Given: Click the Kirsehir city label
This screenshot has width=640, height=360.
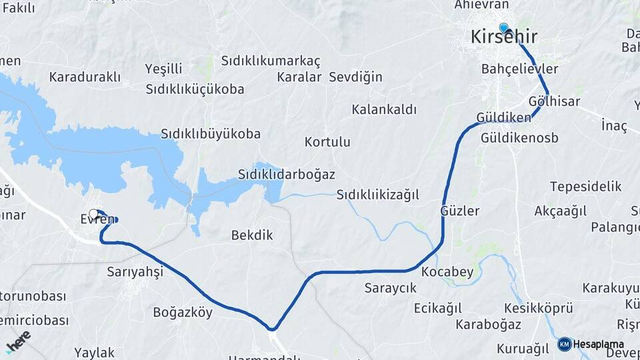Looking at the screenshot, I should [504, 38].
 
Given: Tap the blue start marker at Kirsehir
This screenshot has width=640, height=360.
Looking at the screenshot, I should [503, 28].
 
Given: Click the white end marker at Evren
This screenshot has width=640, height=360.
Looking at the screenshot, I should [93, 214].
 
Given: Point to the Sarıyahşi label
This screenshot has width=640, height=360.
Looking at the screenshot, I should [135, 271].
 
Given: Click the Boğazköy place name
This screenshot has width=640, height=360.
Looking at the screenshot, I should [183, 312].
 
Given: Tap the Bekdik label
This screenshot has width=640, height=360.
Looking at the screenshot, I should [252, 235].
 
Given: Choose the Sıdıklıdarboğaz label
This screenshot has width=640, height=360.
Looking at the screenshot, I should [286, 174].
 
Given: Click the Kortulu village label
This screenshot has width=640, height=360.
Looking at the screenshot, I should [327, 142].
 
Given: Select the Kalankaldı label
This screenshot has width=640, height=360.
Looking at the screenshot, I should [384, 109].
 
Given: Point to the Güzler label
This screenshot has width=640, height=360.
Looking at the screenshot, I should [460, 211].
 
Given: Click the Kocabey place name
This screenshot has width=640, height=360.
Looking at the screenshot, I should [447, 272].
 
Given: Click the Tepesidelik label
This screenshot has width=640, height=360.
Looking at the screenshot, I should [585, 187].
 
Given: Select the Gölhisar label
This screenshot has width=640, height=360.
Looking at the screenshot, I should [554, 102].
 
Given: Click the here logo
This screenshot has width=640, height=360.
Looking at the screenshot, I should [18, 341].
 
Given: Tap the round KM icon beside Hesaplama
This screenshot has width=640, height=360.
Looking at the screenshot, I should [565, 344].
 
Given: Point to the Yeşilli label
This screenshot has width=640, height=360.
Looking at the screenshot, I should [164, 69].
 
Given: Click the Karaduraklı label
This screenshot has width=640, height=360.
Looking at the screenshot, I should [84, 77].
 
